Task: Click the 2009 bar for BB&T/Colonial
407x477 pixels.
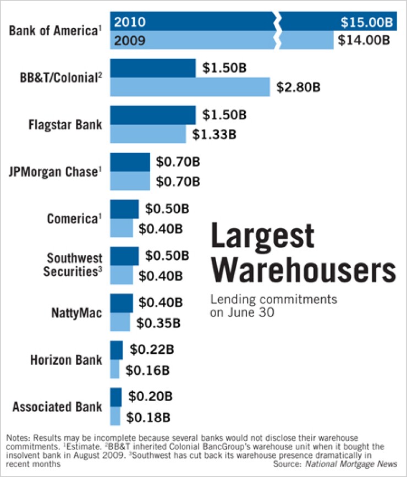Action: coord(190,87)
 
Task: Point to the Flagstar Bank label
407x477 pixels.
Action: coord(65,124)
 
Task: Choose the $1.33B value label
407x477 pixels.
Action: coord(215,134)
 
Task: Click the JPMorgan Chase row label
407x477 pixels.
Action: coord(56,171)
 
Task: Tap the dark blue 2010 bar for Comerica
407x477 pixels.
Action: coord(124,209)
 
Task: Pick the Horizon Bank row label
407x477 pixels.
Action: coord(65,360)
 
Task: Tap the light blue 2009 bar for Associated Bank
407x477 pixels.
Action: coord(115,416)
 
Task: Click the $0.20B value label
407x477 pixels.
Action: coord(150,396)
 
